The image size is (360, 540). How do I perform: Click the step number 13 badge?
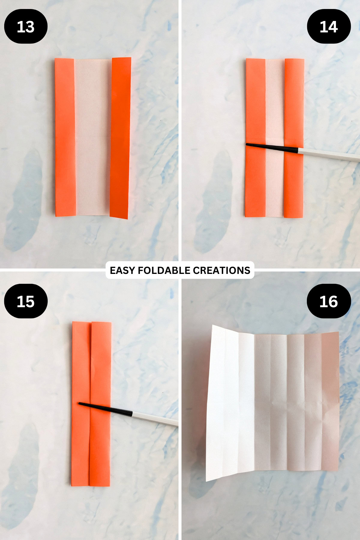(26, 26)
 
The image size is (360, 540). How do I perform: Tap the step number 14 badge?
(329, 26)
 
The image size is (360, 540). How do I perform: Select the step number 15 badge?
(26, 301)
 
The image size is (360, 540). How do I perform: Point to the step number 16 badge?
(329, 301)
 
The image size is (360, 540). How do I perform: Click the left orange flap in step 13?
(65, 137)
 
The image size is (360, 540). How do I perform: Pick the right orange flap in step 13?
(120, 138)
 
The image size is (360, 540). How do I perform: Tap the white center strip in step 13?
(93, 137)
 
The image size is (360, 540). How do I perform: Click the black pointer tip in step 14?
(246, 145)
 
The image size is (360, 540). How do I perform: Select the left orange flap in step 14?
(255, 138)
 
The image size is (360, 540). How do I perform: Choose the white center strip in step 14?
(275, 138)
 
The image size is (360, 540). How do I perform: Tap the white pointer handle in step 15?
(155, 418)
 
